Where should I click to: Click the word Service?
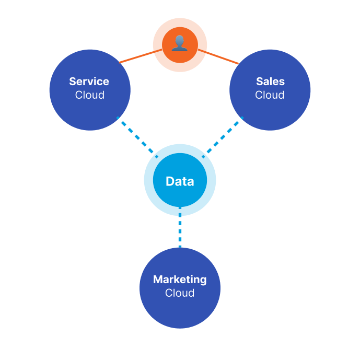[89, 82]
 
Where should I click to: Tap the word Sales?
[270, 82]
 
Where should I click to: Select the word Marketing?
[180, 280]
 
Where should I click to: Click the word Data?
[180, 181]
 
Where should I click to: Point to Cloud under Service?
[90, 95]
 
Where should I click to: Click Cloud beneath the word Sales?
[270, 95]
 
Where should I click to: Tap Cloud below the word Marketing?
[180, 293]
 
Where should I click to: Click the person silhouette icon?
[180, 43]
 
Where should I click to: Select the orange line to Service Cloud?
[141, 56]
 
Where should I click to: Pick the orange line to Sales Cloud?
[218, 56]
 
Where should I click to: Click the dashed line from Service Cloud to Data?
[137, 137]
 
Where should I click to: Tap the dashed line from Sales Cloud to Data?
[223, 137]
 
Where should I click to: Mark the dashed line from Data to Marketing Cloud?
[180, 227]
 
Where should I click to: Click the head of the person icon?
[180, 40]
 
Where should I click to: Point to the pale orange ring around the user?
[180, 22]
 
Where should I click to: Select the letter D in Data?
[170, 181]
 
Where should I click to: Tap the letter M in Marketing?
[158, 280]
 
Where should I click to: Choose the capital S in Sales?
[260, 82]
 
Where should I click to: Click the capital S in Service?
[73, 82]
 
